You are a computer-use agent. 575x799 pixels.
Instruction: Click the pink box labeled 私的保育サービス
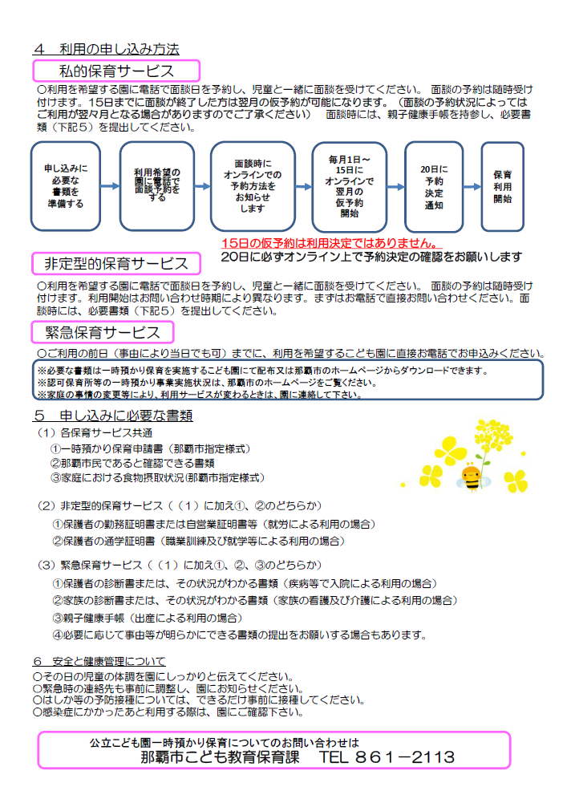pyautogui.click(x=115, y=70)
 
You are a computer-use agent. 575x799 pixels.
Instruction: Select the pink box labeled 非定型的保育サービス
pyautogui.click(x=115, y=263)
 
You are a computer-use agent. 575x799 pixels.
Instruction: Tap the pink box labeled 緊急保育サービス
pyautogui.click(x=103, y=331)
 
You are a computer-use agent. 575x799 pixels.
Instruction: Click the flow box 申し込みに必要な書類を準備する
pyautogui.click(x=66, y=186)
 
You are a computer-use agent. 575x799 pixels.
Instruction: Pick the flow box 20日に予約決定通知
pyautogui.click(x=434, y=186)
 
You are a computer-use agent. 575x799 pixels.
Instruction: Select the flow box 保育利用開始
pyautogui.click(x=502, y=186)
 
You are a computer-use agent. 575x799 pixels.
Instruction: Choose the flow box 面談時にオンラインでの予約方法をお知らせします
pyautogui.click(x=252, y=186)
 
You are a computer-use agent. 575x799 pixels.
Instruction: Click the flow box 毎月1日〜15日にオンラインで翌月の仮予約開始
pyautogui.click(x=349, y=187)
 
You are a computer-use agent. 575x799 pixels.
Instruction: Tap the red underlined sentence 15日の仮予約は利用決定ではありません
pyautogui.click(x=330, y=242)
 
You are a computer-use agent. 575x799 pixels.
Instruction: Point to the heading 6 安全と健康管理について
pyautogui.click(x=99, y=661)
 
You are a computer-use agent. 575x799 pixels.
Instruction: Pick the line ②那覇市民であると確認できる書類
pyautogui.click(x=133, y=463)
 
